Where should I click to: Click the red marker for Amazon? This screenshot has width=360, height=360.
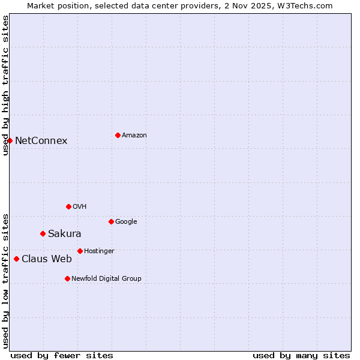[x=118, y=135]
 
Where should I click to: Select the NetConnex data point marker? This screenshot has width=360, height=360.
[x=10, y=140]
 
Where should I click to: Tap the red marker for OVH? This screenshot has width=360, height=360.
[x=68, y=206]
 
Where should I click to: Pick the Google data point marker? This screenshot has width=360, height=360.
[x=111, y=221]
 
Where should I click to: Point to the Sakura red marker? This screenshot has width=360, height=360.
[x=43, y=233]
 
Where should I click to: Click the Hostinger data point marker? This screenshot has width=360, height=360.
[x=80, y=251]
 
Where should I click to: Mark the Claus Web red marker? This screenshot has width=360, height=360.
[x=16, y=259]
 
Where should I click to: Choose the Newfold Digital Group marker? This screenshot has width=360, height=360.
[x=67, y=278]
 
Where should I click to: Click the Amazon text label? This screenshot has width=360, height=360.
[x=134, y=136]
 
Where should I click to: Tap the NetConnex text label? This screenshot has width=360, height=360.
[x=41, y=141]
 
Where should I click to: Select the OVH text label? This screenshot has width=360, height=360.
[x=80, y=207]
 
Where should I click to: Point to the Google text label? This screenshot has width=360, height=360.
[x=126, y=222]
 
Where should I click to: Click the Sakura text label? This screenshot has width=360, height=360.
[x=65, y=234]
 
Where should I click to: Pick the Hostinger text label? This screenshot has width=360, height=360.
[x=99, y=251]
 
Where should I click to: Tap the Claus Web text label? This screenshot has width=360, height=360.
[x=47, y=259]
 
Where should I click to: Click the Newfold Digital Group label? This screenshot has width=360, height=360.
[x=106, y=279]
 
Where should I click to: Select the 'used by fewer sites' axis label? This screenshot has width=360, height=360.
[x=62, y=356]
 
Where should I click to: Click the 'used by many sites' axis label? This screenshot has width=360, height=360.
[x=301, y=356]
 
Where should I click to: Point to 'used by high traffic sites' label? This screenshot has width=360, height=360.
[x=5, y=85]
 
